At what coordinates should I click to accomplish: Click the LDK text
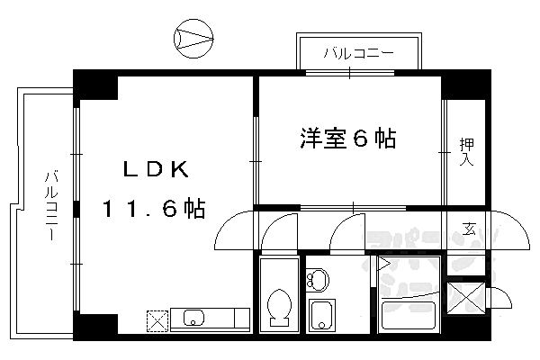155,169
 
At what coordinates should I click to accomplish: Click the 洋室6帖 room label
347,139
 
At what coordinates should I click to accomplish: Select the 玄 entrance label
469,227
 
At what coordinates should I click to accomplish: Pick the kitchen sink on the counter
194,317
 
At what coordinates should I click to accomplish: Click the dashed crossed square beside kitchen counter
157,319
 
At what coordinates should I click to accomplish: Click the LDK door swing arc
232,230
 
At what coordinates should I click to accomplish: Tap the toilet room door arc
279,230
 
